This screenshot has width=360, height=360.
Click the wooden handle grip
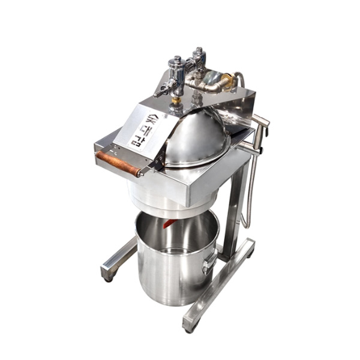pyautogui.click(x=118, y=163)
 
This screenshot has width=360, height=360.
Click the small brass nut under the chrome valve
pyautogui.click(x=176, y=100)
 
